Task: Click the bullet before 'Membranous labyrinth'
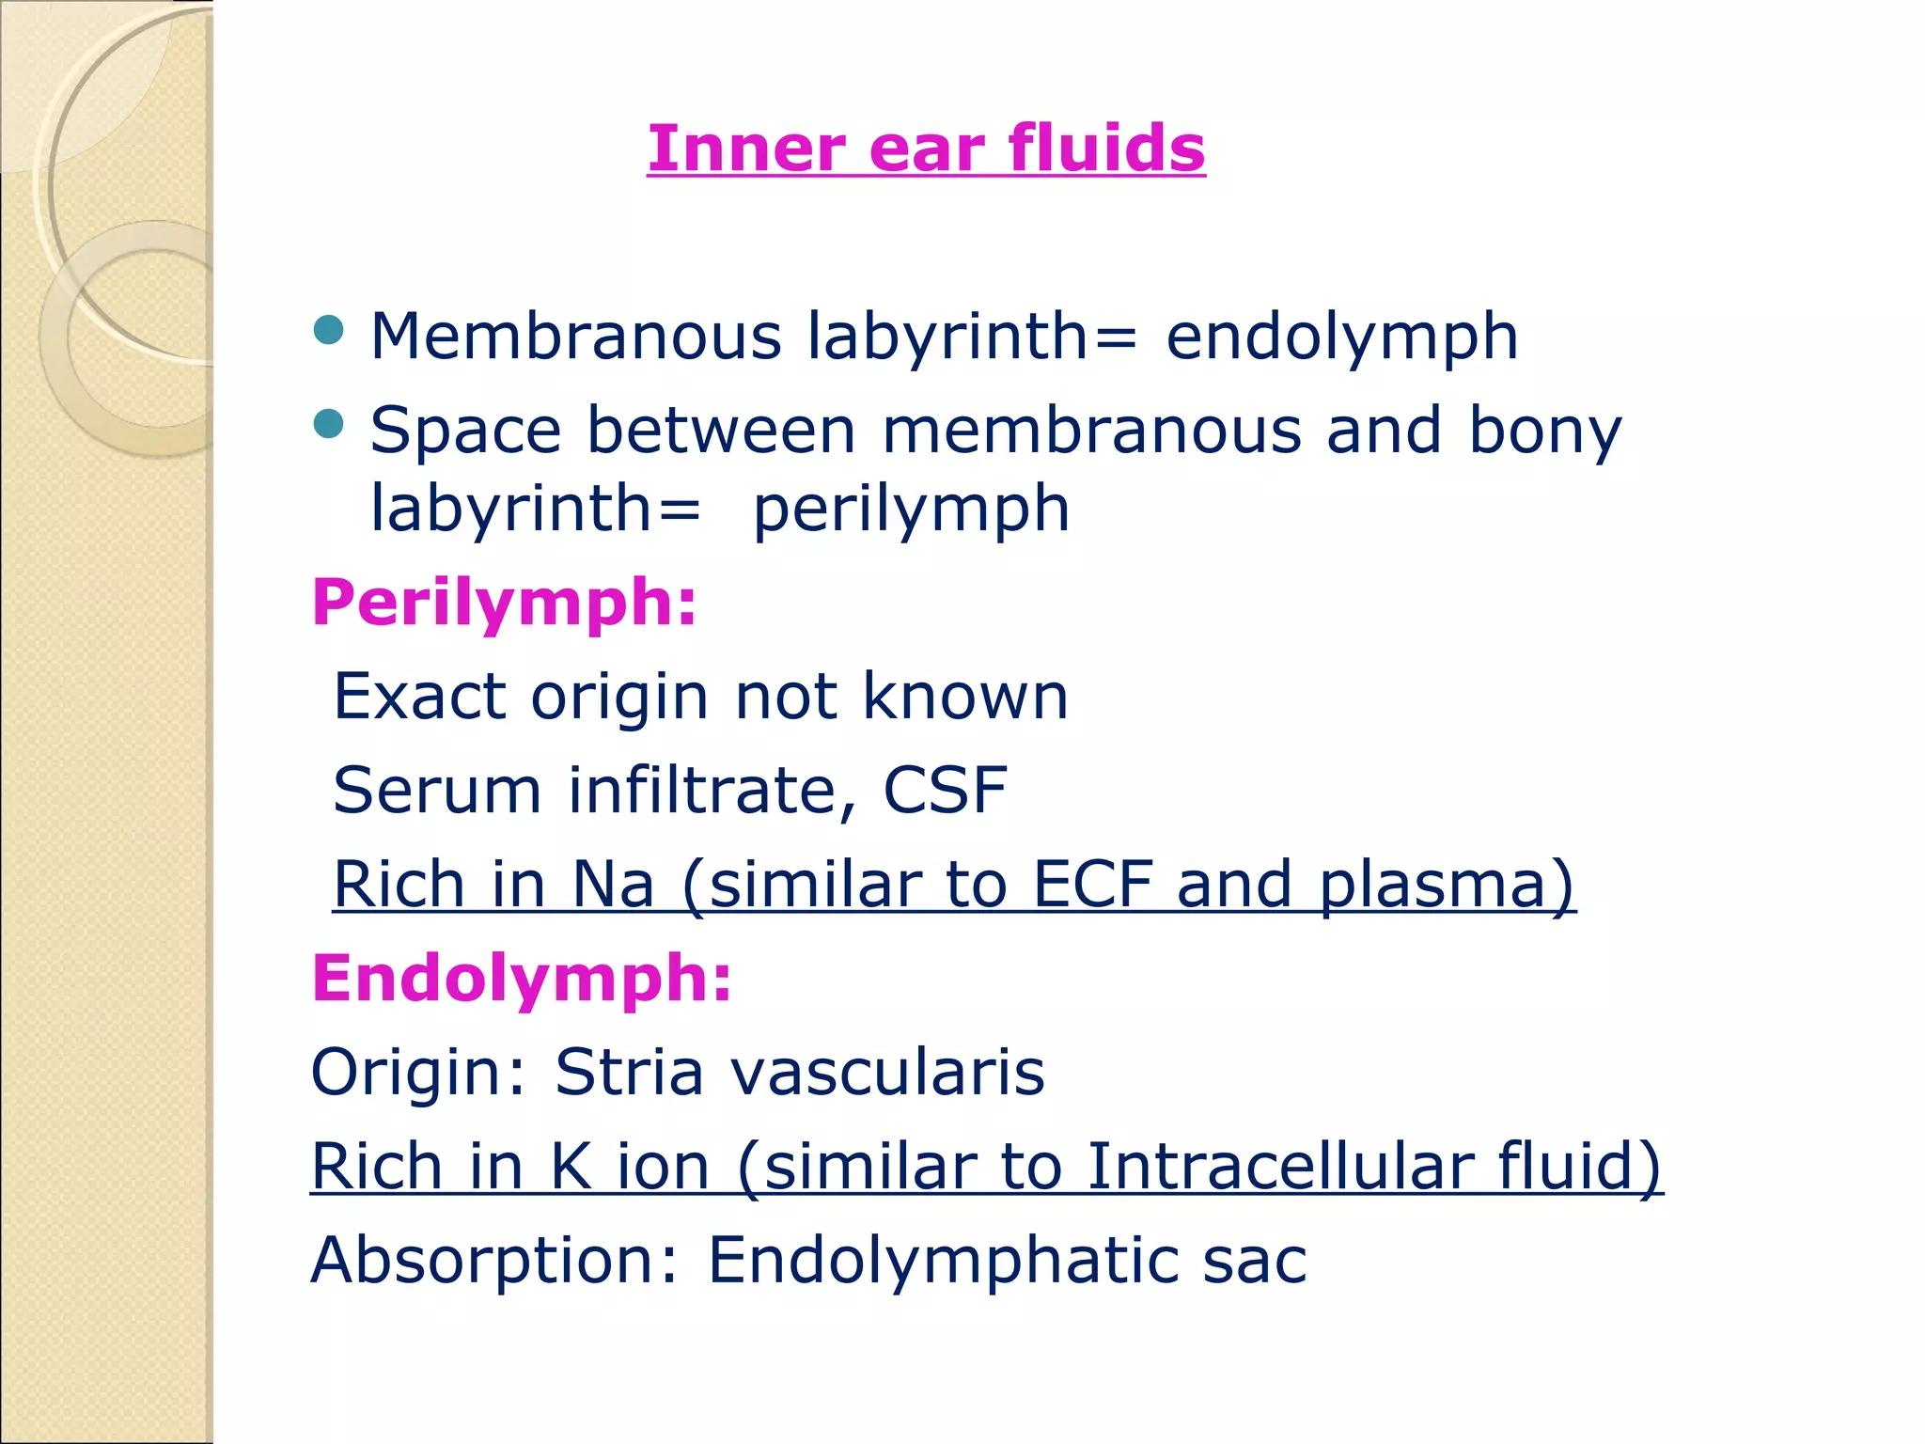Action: tap(328, 330)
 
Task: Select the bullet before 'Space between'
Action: tap(328, 424)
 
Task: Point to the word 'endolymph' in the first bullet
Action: tap(1341, 337)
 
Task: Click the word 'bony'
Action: tap(1545, 431)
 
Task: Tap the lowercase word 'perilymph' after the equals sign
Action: tap(911, 509)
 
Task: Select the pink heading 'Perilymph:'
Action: tap(505, 602)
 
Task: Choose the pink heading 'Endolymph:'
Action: tap(522, 978)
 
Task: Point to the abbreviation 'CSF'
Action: tap(945, 790)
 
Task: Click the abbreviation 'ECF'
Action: tap(1092, 884)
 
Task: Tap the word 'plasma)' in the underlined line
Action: tap(1447, 885)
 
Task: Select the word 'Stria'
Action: tap(629, 1072)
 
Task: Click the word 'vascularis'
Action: tap(888, 1072)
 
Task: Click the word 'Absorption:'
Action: tap(495, 1261)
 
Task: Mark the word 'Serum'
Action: tap(437, 790)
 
